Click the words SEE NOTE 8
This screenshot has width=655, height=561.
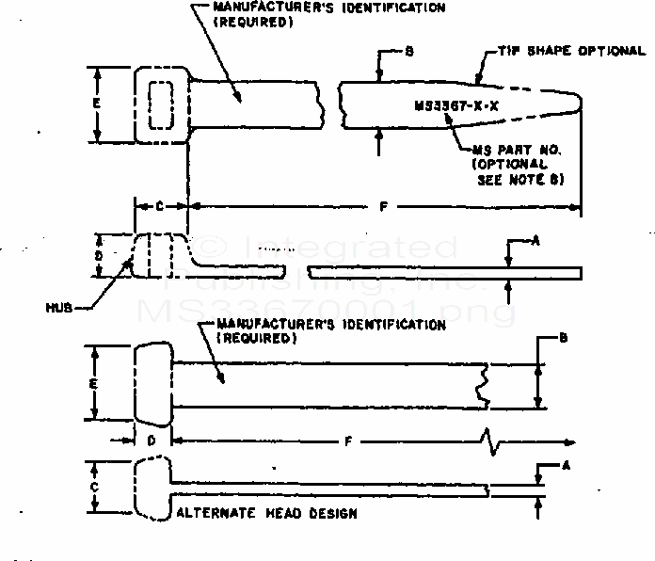coord(520,179)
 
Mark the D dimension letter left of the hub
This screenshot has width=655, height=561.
coord(99,254)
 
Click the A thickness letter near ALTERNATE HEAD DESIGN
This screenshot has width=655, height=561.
coord(566,464)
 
